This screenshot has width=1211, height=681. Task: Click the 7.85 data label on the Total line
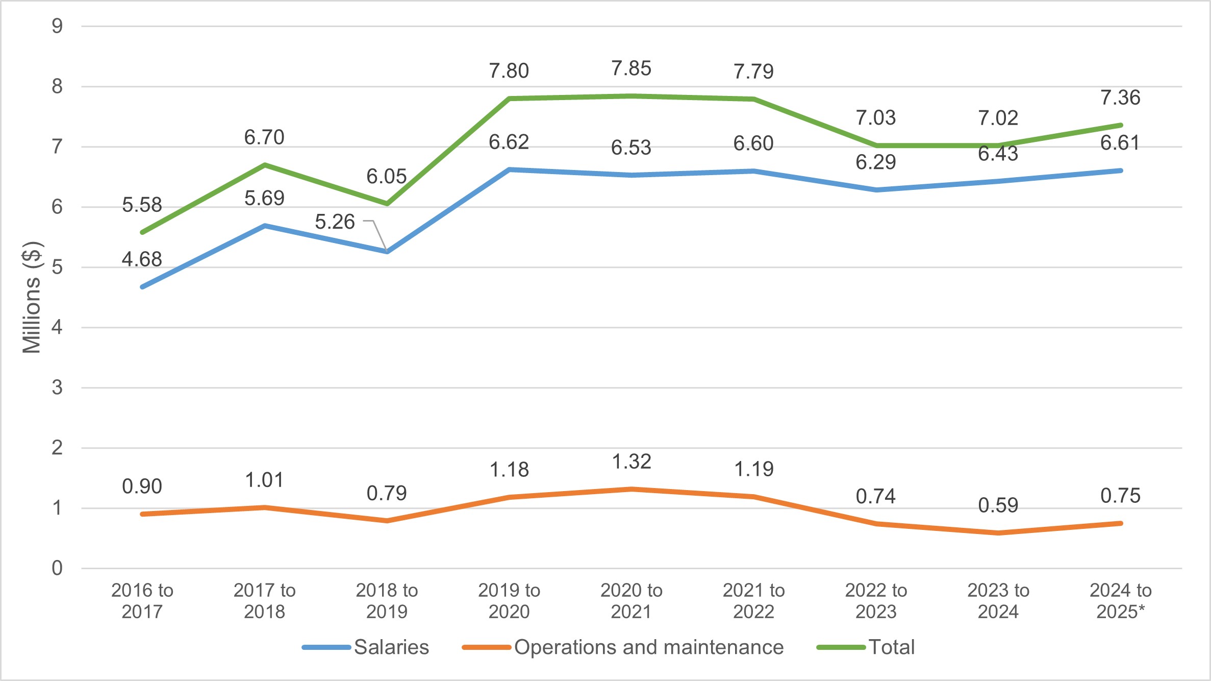pyautogui.click(x=631, y=68)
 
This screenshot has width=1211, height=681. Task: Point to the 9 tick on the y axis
pyautogui.click(x=57, y=26)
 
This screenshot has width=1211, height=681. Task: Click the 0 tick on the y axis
pyautogui.click(x=57, y=568)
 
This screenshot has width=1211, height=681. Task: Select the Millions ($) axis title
pyautogui.click(x=32, y=297)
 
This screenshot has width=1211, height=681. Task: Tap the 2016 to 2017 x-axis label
pyautogui.click(x=142, y=601)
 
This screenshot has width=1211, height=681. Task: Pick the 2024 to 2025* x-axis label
pyautogui.click(x=1120, y=601)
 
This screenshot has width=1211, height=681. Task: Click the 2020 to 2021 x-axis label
pyautogui.click(x=631, y=601)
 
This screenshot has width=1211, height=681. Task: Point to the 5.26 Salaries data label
pyautogui.click(x=335, y=222)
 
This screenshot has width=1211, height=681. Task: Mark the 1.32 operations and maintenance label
pyautogui.click(x=631, y=462)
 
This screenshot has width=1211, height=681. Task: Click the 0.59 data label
pyautogui.click(x=998, y=505)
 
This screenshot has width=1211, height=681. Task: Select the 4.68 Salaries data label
pyautogui.click(x=142, y=259)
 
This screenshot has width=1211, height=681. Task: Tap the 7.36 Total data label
pyautogui.click(x=1120, y=98)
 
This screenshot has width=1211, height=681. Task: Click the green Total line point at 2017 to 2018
pyautogui.click(x=265, y=165)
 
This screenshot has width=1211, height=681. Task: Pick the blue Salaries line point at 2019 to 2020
pyautogui.click(x=509, y=169)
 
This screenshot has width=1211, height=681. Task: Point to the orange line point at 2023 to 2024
pyautogui.click(x=998, y=533)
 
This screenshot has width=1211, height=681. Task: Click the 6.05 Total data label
pyautogui.click(x=387, y=177)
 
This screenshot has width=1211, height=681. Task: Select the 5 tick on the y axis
pyautogui.click(x=57, y=267)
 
